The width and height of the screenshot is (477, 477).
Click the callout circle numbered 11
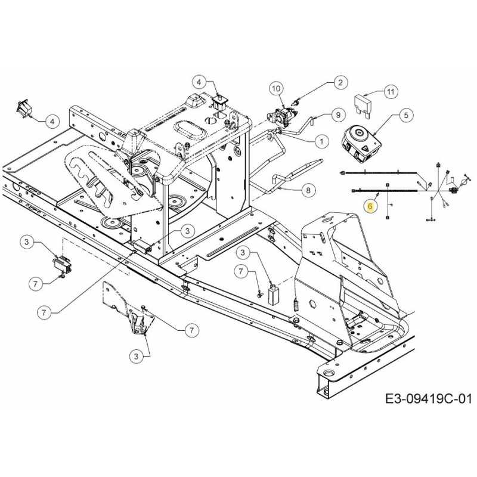(x=391, y=91)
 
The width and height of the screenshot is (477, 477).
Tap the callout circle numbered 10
(x=276, y=88)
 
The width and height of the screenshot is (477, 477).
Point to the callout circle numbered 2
(x=340, y=82)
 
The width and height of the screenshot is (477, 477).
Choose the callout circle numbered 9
(x=337, y=115)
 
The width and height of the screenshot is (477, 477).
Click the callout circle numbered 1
(x=321, y=141)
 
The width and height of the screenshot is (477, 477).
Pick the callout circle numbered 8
(x=308, y=190)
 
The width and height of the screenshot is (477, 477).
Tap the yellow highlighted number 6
(x=370, y=206)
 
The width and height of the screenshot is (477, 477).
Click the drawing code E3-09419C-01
(x=429, y=398)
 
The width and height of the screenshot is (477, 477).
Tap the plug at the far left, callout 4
(x=24, y=109)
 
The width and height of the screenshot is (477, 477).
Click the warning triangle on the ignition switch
(x=364, y=148)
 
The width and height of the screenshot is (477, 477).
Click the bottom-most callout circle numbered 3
(x=136, y=356)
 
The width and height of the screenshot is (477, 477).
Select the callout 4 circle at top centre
(x=199, y=82)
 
